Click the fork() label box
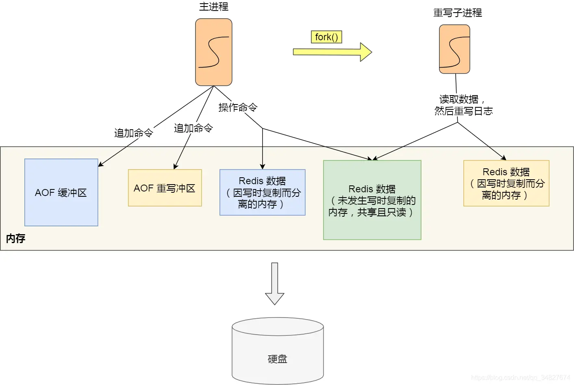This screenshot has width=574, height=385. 326,37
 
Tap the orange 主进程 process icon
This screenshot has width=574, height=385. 213,52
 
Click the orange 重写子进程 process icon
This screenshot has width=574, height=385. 454,49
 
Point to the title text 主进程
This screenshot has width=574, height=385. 213,7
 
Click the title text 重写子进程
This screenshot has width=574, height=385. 457,13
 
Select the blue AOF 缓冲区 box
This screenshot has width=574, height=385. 61,192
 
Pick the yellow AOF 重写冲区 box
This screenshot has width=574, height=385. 165,188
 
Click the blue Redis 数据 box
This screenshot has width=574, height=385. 262,192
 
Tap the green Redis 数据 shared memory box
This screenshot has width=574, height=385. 372,200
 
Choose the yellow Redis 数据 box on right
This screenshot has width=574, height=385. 506,183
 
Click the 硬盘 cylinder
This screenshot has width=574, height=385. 278,351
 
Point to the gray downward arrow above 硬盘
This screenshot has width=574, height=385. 275,284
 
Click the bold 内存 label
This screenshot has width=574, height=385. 15,238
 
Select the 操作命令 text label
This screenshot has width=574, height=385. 238,107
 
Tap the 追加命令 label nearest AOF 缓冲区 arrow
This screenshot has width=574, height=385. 133,133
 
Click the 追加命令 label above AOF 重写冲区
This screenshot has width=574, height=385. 193,128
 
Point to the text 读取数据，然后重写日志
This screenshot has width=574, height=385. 463,105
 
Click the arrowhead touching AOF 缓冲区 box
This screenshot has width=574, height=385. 100,165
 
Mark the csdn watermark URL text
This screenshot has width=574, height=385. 520,378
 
